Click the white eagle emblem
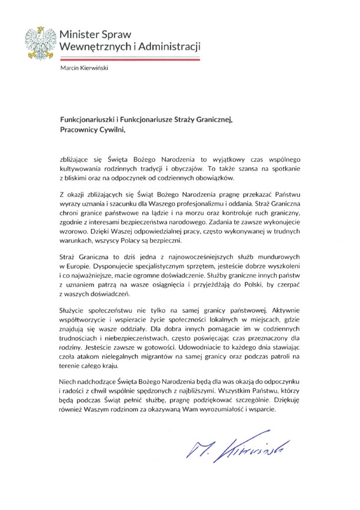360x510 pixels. tap(41, 43)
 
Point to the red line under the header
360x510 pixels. tap(129, 59)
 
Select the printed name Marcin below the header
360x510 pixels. tap(70, 70)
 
